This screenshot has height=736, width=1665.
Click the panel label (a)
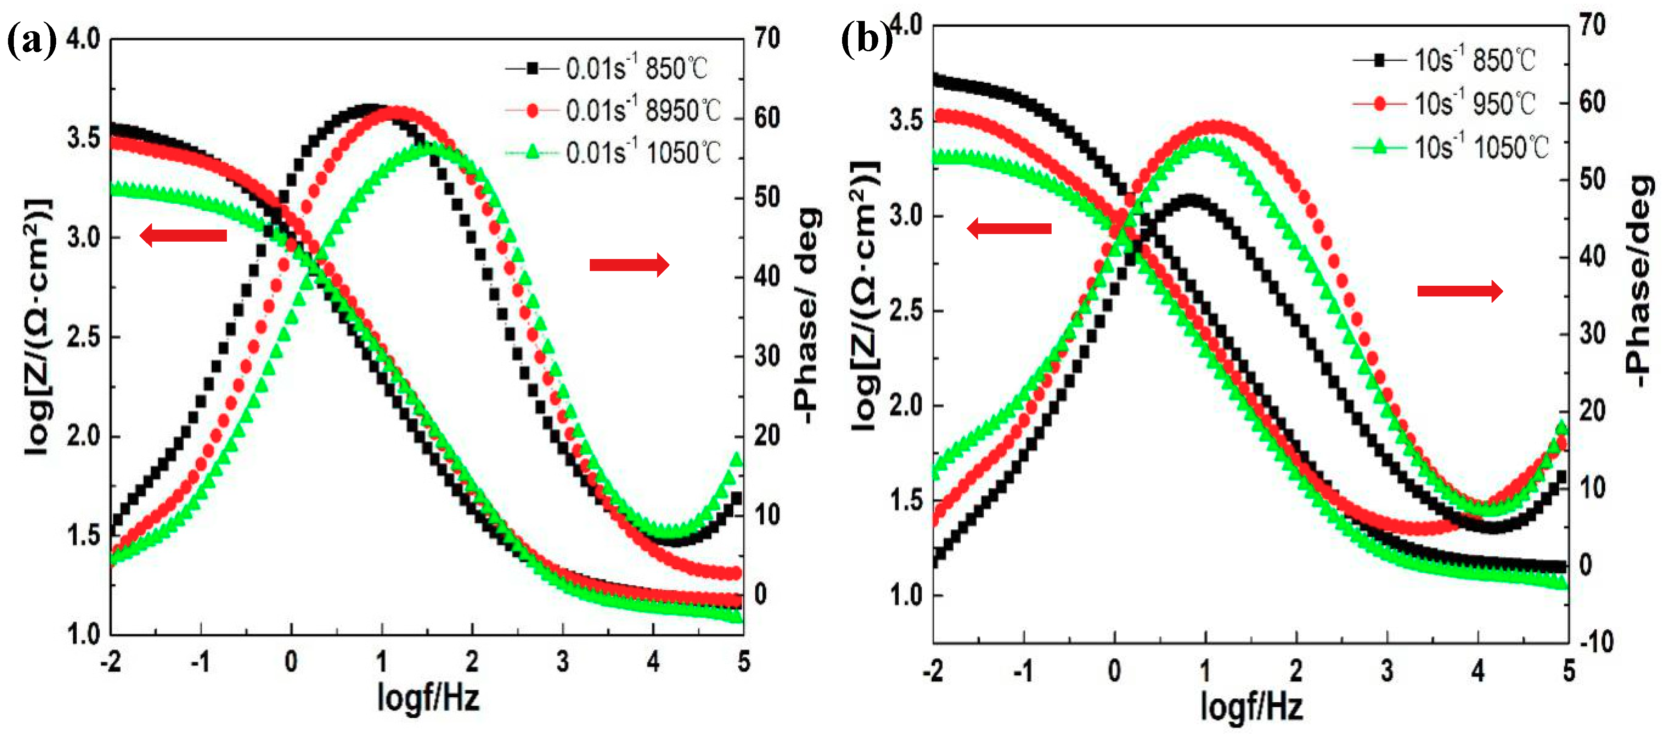point(31,42)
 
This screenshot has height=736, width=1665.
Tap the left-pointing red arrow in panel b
point(1009,228)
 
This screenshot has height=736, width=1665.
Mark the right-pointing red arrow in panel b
point(1459,292)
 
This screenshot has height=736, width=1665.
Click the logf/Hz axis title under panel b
point(1251,706)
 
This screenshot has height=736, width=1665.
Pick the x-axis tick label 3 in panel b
point(1387,672)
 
